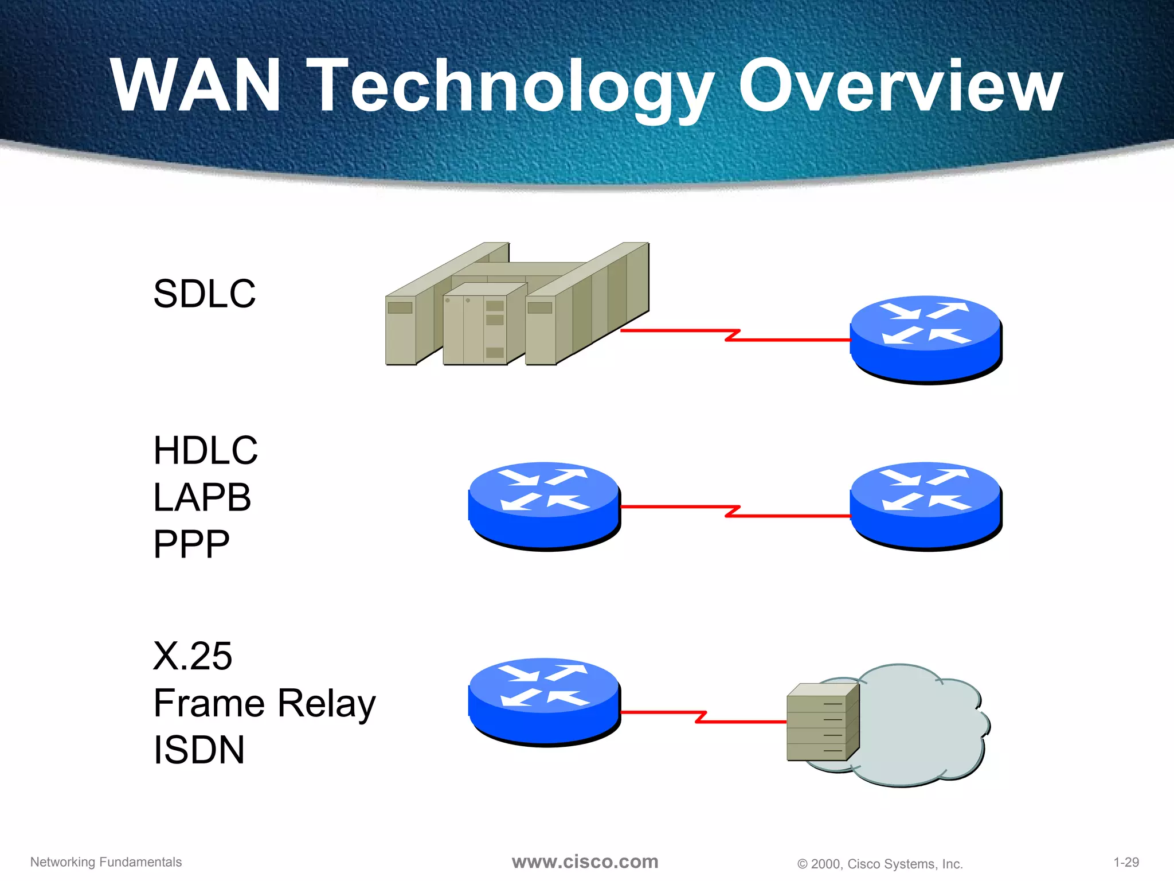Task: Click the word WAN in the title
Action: click(195, 86)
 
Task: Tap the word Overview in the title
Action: click(900, 86)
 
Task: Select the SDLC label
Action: click(204, 294)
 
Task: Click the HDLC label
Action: click(205, 451)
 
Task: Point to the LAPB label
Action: click(202, 497)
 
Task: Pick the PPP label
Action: click(191, 544)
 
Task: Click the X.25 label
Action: click(193, 656)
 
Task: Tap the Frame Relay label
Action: click(264, 704)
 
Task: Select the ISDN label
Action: click(199, 750)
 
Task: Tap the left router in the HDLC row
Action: click(544, 505)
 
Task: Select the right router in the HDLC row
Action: click(926, 505)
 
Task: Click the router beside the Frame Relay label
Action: click(544, 701)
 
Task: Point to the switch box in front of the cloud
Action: click(823, 723)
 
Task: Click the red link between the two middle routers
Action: click(734, 511)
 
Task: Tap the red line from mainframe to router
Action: click(734, 335)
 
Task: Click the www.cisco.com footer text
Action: click(585, 861)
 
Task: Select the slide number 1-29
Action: click(1126, 862)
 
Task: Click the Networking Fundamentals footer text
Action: click(106, 862)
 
